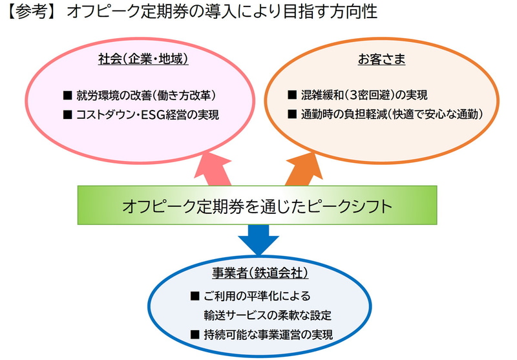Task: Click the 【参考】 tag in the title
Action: point(30,13)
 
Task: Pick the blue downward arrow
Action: point(257,238)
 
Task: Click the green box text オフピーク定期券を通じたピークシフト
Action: point(257,206)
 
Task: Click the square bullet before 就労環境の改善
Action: point(66,96)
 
